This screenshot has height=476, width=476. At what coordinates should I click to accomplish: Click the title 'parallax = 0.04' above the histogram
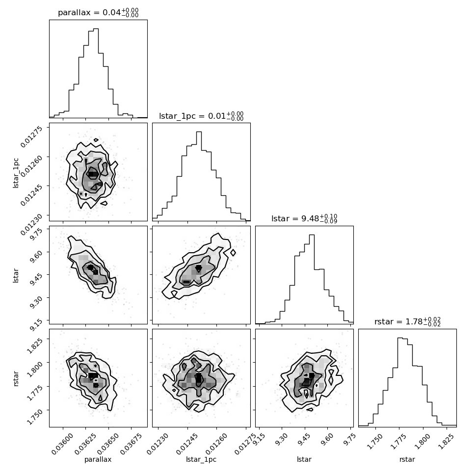(x=98, y=13)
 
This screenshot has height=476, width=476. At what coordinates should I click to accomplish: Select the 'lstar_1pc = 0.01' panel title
(x=201, y=116)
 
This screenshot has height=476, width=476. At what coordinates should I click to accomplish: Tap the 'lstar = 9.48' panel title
(x=304, y=219)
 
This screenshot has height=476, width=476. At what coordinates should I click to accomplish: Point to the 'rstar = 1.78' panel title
(x=407, y=322)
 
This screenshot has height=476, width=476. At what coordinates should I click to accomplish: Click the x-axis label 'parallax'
(x=98, y=460)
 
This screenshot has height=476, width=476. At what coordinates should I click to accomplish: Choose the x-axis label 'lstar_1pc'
(x=201, y=460)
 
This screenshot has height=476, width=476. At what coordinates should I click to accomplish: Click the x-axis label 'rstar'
(x=407, y=460)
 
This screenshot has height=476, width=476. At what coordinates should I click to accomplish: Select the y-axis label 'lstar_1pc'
(x=16, y=172)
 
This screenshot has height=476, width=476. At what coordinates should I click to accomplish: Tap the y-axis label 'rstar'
(x=16, y=378)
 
